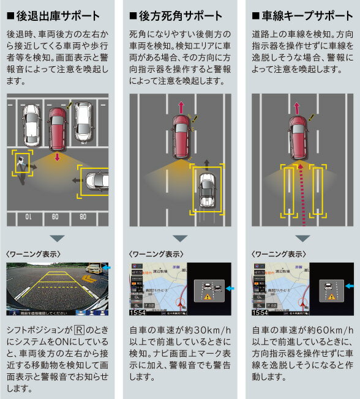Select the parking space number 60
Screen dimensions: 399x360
[56, 216]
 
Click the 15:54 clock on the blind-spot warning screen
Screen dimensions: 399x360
[138, 312]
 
